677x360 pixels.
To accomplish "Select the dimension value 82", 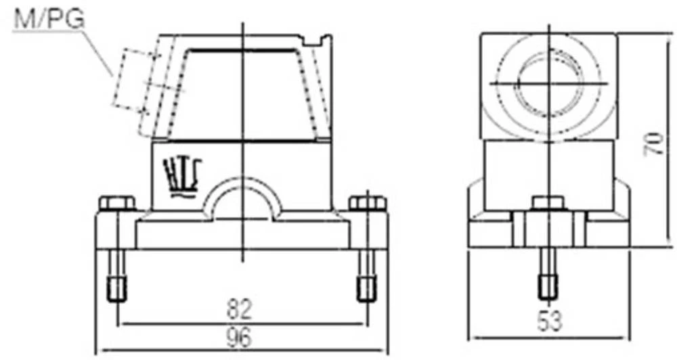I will click(240, 310).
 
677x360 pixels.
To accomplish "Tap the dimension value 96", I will click(240, 336).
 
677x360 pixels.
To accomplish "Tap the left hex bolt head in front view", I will click(117, 202).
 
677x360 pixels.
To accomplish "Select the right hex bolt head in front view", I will click(367, 202).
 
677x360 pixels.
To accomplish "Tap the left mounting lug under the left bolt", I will click(115, 230).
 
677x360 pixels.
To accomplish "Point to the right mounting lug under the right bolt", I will click(369, 230).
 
